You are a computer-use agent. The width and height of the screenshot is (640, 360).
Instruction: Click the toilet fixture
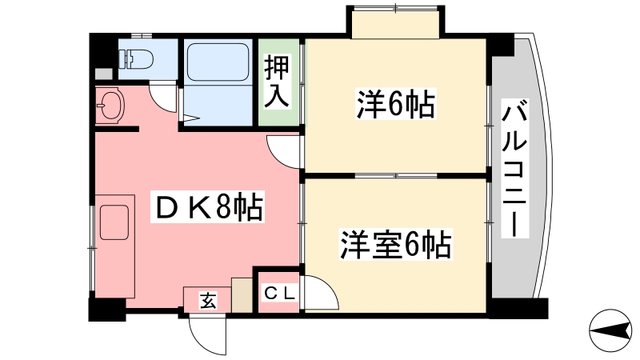click(136, 59)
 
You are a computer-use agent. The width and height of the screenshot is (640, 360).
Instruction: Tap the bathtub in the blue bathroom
click(218, 62)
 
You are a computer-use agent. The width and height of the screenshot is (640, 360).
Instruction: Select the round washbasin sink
click(110, 106)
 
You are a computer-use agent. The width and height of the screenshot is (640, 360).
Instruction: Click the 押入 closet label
click(277, 81)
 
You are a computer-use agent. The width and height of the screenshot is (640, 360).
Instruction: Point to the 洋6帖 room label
click(395, 104)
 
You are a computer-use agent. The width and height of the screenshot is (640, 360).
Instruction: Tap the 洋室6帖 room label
click(396, 244)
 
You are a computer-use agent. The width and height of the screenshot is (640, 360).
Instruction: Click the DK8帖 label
click(208, 206)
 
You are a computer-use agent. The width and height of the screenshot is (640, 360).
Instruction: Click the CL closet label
click(279, 293)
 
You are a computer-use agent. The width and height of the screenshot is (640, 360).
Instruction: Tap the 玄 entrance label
click(208, 302)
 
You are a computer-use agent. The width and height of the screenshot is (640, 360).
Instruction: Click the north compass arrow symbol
click(610, 330)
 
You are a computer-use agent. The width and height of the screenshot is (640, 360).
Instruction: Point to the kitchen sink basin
click(114, 222)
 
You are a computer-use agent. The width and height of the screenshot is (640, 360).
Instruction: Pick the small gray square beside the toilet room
click(103, 74)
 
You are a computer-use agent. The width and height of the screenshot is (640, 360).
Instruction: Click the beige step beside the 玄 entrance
click(242, 294)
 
